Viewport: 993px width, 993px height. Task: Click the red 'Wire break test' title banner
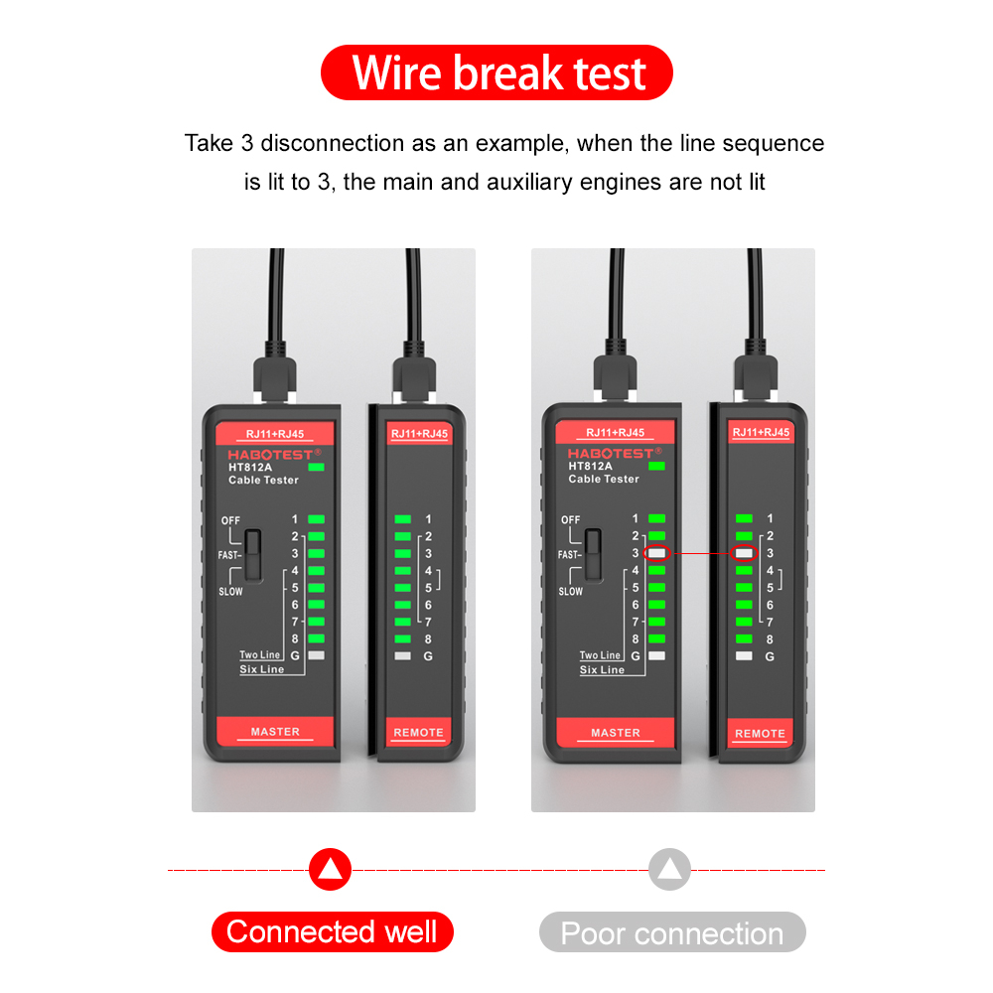(496, 72)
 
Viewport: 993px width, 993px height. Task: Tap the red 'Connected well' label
(332, 932)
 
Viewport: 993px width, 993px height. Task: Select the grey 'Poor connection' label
(672, 933)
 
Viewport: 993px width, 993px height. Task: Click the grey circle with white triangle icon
(669, 870)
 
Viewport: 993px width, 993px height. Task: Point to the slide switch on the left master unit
(254, 555)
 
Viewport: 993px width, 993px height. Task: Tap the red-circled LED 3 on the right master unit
(657, 553)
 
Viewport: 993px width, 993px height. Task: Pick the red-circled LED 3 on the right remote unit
(744, 553)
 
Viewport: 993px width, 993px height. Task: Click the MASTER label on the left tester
(275, 732)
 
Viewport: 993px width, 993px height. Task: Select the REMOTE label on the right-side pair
(760, 734)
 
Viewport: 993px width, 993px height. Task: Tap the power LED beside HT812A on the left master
(317, 466)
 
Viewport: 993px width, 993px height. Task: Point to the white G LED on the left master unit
(317, 655)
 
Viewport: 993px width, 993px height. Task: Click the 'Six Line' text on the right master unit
(602, 670)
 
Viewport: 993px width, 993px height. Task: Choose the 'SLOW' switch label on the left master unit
(230, 592)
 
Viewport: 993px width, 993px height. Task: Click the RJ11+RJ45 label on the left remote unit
(419, 434)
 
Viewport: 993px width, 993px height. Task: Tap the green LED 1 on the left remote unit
(403, 519)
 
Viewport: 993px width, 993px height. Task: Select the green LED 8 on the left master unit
(317, 638)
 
